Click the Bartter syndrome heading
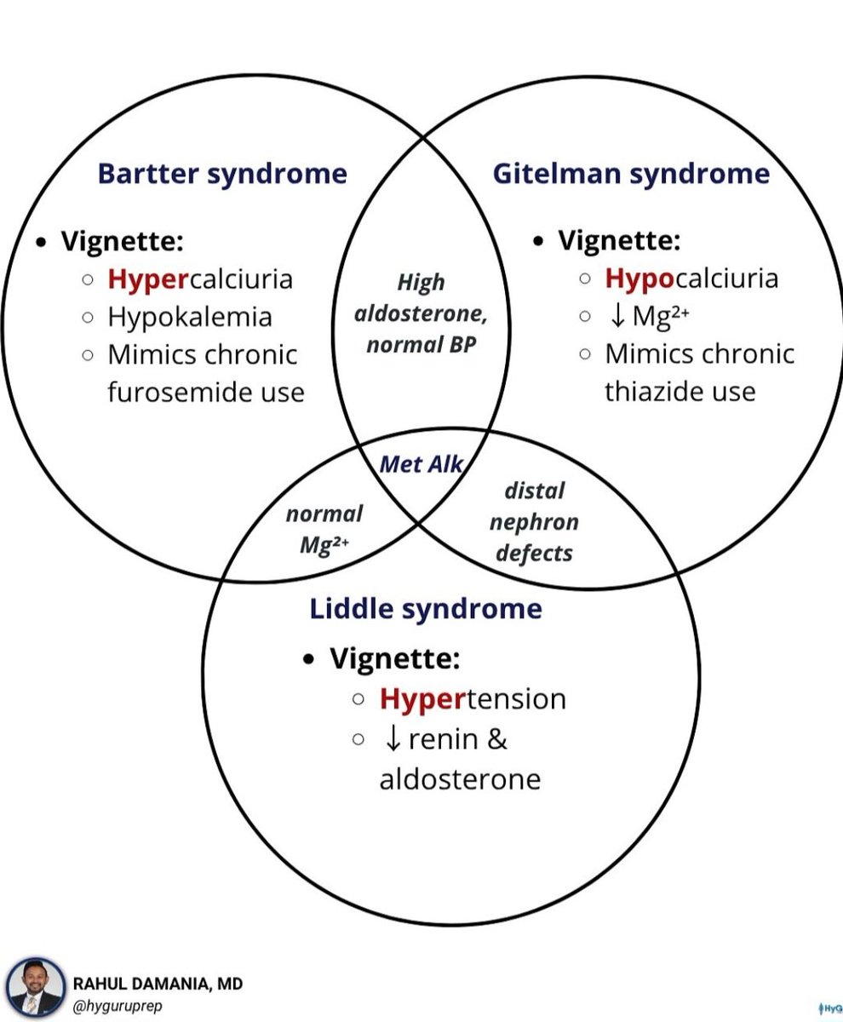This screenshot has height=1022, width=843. pos(222,174)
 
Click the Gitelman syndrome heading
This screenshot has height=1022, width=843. pos(631,174)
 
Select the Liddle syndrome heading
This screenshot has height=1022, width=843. pos(425,609)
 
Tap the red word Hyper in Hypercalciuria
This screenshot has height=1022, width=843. pos(146,279)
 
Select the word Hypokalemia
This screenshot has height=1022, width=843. pos(189,317)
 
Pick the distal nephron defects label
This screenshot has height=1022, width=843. pos(534,522)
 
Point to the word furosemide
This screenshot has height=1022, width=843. pos(175,392)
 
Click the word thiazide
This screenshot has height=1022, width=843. pos(646,392)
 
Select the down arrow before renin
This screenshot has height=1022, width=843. pos(393,739)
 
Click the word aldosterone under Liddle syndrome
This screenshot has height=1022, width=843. pos(460,779)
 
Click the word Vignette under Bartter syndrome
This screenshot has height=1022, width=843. pos(122,241)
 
